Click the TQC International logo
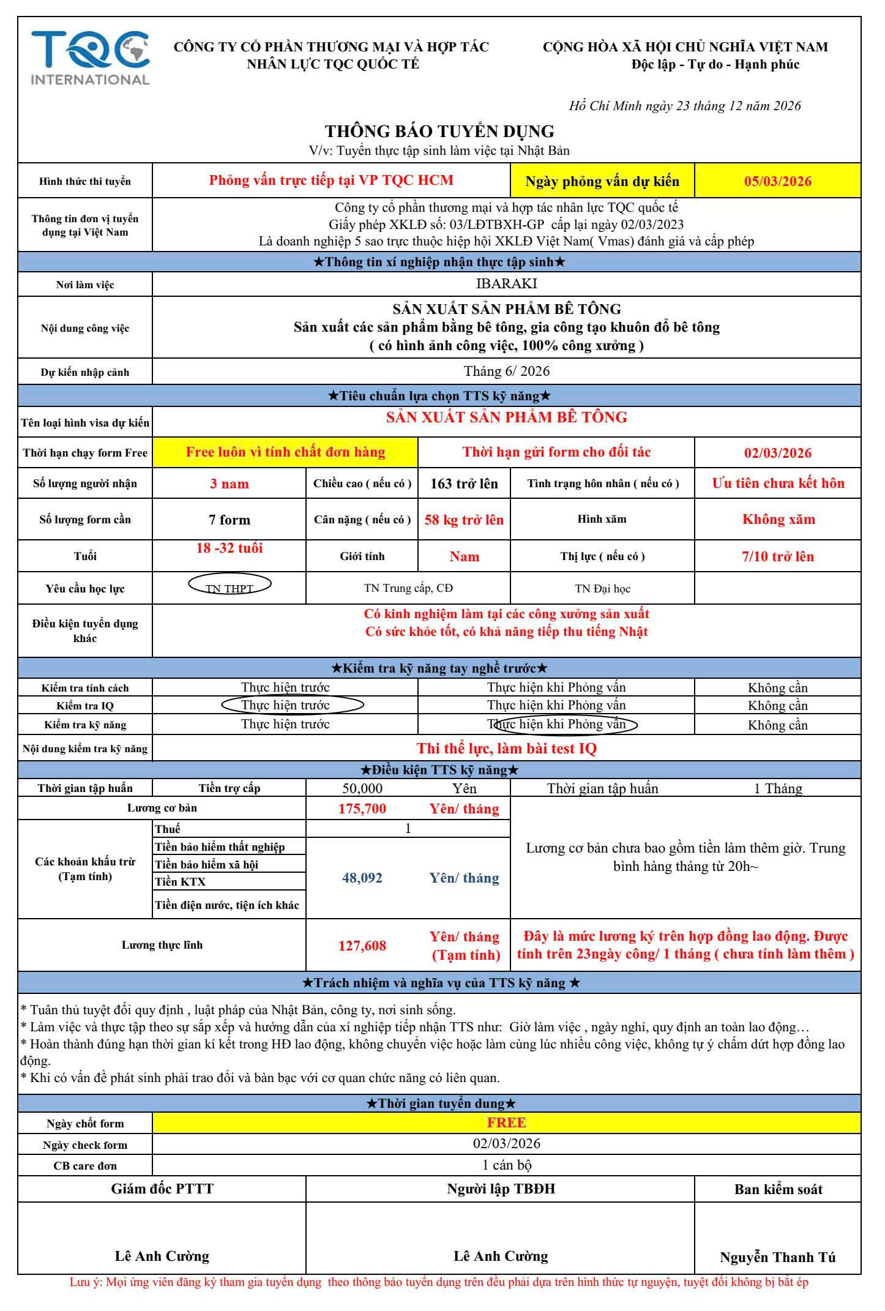pos(90,58)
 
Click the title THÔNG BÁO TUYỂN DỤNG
pos(439,131)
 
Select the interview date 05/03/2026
pos(777,181)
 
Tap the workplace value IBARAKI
pos(506,283)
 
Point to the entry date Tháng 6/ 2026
pos(506,371)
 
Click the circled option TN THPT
pos(230,588)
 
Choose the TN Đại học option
pos(602,589)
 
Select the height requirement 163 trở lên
pos(464,484)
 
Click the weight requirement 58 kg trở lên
pos(464,520)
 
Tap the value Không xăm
pos(778,519)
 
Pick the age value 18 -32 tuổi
pos(230,548)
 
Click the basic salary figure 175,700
pos(362,809)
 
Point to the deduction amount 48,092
pos(362,878)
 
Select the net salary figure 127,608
pos(362,946)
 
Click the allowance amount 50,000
pos(362,788)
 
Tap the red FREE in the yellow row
pos(506,1122)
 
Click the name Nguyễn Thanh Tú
pos(777,1257)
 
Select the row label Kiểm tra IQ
pos(85,706)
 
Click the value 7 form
pos(230,520)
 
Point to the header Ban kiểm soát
pos(778,1189)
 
